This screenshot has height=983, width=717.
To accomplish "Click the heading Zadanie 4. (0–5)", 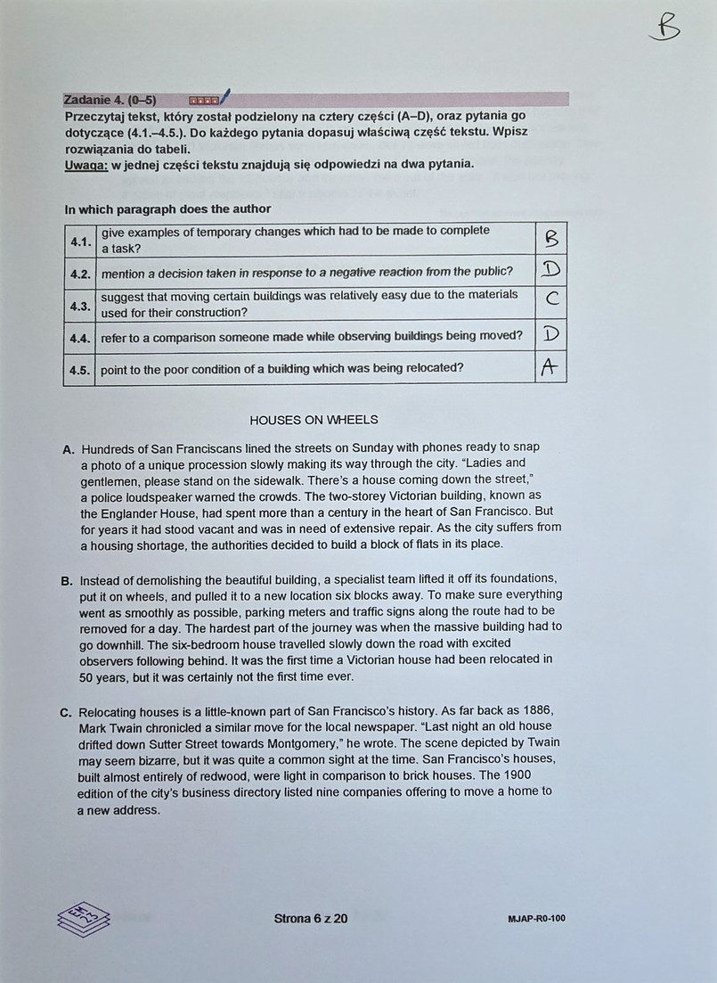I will click(110, 100).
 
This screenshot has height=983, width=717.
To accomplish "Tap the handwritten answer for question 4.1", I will click(550, 239).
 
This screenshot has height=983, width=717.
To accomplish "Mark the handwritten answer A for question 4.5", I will click(550, 367).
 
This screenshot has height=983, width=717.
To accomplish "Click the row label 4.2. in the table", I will click(81, 272).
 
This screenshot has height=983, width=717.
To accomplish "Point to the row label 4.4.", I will click(81, 336).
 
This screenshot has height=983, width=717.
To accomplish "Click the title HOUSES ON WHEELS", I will click(314, 420).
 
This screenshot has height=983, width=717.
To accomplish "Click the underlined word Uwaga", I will click(86, 164).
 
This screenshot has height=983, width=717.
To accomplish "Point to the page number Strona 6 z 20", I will click(311, 918).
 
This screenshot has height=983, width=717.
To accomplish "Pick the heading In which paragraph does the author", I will click(167, 209).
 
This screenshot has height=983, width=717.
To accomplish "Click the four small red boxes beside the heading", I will click(204, 101).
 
